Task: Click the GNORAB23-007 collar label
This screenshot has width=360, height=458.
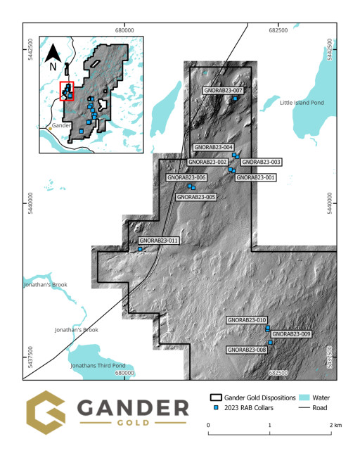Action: [223, 91]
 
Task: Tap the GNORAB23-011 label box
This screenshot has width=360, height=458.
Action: [159, 241]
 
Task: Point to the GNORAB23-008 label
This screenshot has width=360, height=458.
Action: [246, 350]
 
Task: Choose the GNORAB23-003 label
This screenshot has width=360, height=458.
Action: [261, 162]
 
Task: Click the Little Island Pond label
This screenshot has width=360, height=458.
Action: [302, 103]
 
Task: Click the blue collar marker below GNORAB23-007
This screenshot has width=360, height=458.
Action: [235, 98]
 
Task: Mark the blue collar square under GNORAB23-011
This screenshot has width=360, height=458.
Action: [140, 249]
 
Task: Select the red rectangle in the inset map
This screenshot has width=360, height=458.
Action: [67, 91]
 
